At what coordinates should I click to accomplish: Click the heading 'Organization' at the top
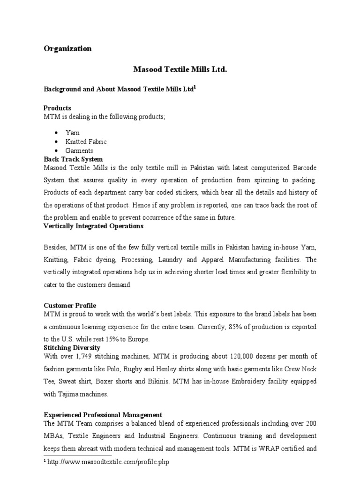67,49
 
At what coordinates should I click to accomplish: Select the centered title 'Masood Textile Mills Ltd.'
180,70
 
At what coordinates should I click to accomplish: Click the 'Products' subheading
57,108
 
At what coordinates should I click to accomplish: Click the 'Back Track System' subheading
73,159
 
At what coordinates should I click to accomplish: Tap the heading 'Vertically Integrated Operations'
93,226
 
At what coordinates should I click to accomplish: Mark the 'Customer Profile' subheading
70,305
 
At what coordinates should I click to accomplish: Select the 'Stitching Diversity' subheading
72,347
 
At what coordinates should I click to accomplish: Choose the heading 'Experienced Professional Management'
103,415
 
